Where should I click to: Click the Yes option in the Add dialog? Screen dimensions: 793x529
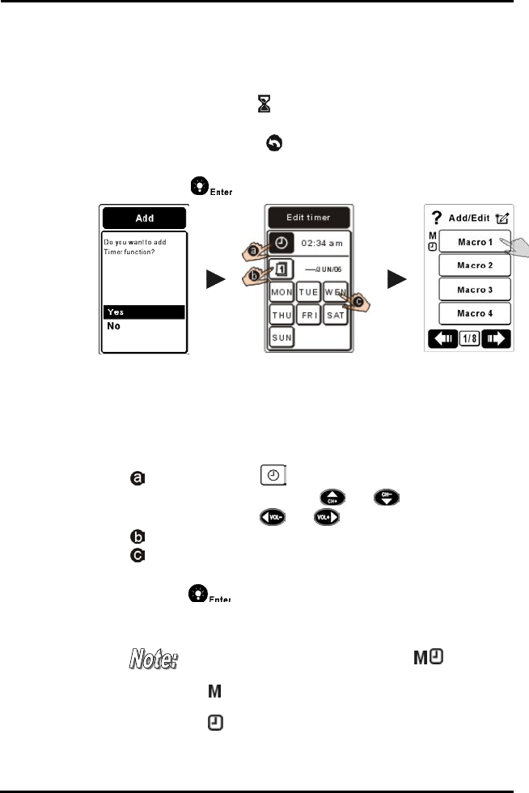(x=144, y=312)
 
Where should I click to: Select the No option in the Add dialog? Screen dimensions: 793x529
(x=144, y=326)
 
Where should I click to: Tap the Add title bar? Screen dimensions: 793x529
(x=144, y=218)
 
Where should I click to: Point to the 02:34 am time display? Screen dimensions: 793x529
(x=323, y=243)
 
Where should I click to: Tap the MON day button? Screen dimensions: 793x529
(x=281, y=290)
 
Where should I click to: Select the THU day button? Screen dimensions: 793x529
(x=281, y=314)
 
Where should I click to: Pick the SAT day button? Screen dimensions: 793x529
(x=336, y=314)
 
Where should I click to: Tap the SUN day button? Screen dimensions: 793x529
(x=281, y=336)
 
